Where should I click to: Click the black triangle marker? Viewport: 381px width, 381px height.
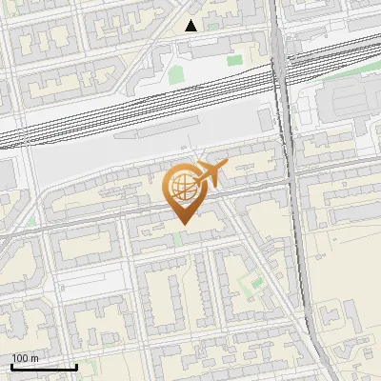pos(191,26)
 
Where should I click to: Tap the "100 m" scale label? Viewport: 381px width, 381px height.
pos(25,357)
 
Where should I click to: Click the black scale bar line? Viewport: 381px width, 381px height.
pos(44,367)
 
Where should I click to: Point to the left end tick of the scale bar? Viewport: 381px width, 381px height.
pos(11,365)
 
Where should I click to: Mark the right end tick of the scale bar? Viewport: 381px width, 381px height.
pos(76,365)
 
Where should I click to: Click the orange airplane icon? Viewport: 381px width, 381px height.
pos(210,174)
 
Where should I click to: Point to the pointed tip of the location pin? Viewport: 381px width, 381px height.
pos(181,224)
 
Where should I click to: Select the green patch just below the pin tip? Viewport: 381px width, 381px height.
pos(178,237)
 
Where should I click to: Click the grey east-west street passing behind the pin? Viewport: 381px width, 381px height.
pos(114,221)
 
